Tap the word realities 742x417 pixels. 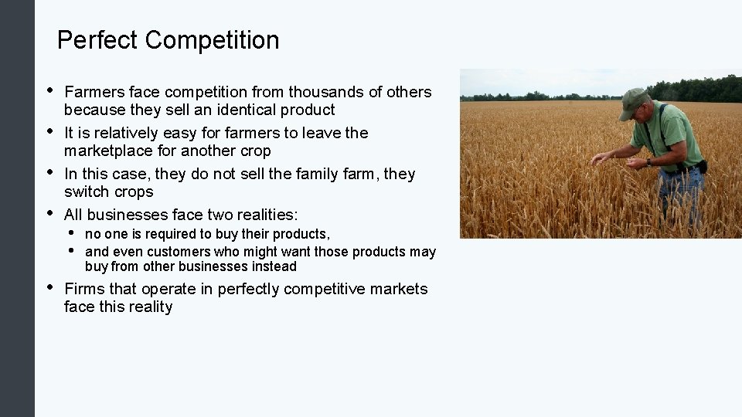click(x=263, y=215)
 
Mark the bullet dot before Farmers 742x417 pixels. click(x=50, y=90)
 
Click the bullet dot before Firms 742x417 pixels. click(x=50, y=286)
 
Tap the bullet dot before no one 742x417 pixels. click(x=72, y=232)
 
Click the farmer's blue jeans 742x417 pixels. click(x=684, y=190)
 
